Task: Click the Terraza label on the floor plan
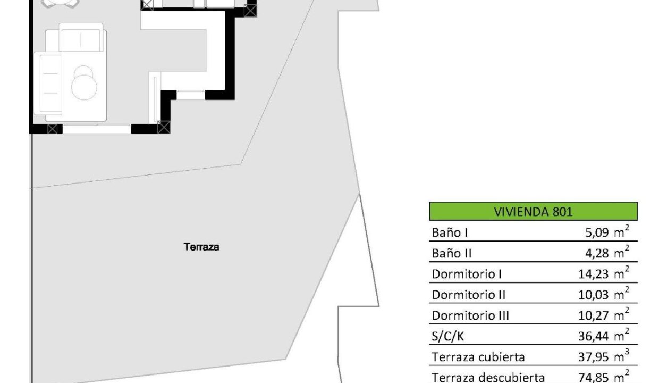(201, 247)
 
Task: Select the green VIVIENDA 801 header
(534, 211)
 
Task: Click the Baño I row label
(450, 232)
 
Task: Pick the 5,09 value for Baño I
(597, 232)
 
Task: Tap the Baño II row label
(452, 253)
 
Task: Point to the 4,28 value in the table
(597, 253)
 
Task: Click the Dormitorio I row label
(467, 274)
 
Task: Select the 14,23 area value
(594, 274)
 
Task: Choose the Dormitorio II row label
(469, 295)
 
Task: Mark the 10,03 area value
(594, 295)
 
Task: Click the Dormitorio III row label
(470, 315)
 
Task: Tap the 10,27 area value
(594, 315)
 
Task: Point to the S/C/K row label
(448, 336)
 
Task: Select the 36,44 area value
(594, 336)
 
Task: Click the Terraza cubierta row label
(478, 357)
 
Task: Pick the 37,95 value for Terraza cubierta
(594, 357)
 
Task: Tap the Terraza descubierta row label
(488, 377)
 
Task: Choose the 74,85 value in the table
(594, 378)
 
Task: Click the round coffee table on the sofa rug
(84, 87)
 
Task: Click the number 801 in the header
(562, 212)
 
